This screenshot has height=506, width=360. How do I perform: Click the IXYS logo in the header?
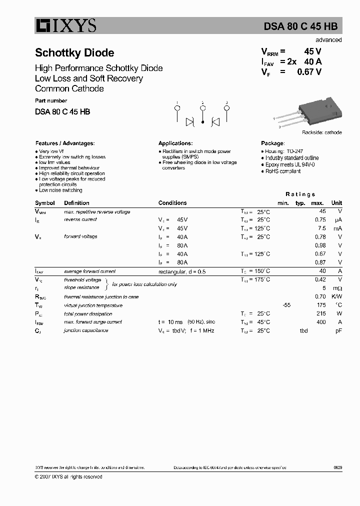pyautogui.click(x=65, y=26)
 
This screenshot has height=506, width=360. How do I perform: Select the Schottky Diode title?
pyautogui.click(x=74, y=53)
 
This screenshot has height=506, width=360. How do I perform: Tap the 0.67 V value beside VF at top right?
pyautogui.click(x=309, y=72)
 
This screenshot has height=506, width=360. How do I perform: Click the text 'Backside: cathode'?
pyautogui.click(x=321, y=132)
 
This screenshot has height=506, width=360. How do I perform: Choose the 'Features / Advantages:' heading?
pyautogui.click(x=64, y=143)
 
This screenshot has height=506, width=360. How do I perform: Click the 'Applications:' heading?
pyautogui.click(x=175, y=143)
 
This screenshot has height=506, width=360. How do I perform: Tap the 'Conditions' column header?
pyautogui.click(x=172, y=203)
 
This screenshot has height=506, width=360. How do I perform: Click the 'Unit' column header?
pyautogui.click(x=336, y=203)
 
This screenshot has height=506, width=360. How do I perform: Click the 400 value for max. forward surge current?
pyautogui.click(x=321, y=322)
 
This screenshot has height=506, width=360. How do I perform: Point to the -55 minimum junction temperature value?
pyautogui.click(x=286, y=305)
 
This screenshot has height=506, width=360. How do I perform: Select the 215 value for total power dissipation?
pyautogui.click(x=321, y=313)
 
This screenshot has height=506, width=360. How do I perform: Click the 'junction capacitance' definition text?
pyautogui.click(x=86, y=330)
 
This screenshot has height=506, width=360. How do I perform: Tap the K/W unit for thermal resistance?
pyautogui.click(x=336, y=296)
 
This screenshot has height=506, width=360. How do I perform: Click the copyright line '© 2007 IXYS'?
pyautogui.click(x=68, y=476)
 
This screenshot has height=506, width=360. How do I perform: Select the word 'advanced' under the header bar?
pyautogui.click(x=328, y=40)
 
